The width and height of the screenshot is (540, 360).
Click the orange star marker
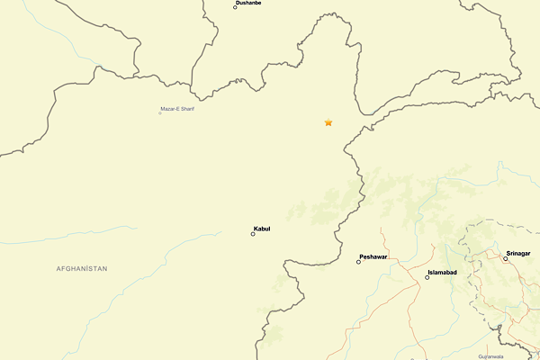(328, 122)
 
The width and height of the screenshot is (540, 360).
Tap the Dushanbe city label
(248, 4)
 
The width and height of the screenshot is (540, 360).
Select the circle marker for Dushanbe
(235, 7)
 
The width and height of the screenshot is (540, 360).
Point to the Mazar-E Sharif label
(177, 109)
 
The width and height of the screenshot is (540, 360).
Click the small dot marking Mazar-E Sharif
(160, 112)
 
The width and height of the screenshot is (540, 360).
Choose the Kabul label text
(262, 229)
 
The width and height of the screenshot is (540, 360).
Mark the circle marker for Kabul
(253, 234)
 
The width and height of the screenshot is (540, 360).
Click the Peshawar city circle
(358, 262)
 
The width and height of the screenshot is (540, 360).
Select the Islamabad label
(442, 272)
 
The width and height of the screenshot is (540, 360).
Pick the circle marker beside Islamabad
(427, 277)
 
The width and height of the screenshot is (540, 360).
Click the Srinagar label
(517, 254)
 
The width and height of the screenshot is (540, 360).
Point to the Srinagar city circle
(505, 259)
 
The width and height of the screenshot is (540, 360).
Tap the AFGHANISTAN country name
(82, 269)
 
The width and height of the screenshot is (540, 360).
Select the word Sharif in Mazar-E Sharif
(186, 109)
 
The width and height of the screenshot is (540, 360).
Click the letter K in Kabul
(256, 229)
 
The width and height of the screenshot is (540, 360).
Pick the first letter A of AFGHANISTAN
(58, 269)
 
